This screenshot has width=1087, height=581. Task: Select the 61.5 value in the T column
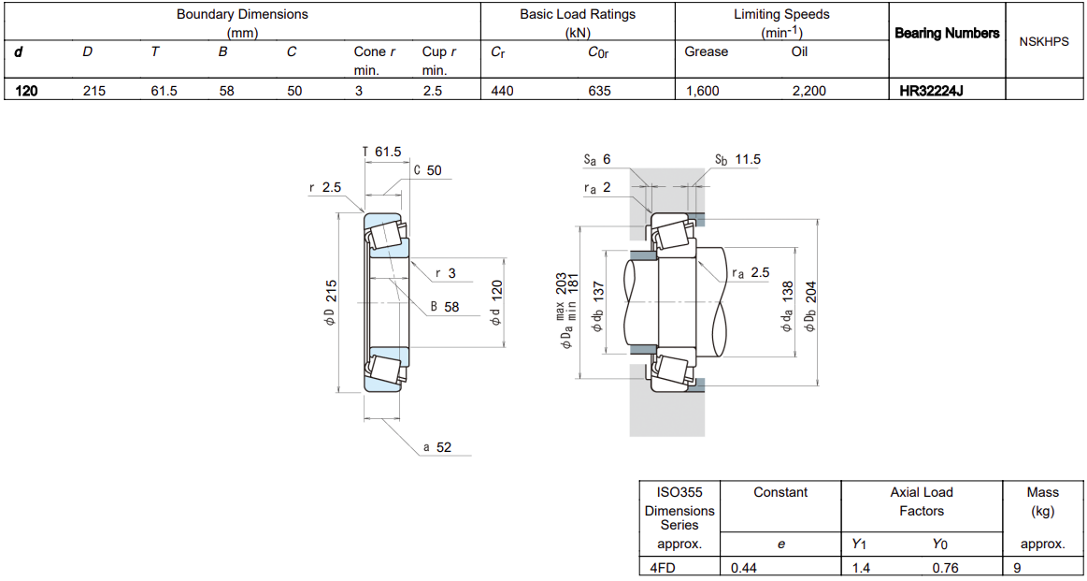[164, 90]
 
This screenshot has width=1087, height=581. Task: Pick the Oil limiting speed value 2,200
[808, 90]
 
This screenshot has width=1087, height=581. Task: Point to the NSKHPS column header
[1044, 42]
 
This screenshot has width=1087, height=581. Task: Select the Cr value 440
[501, 90]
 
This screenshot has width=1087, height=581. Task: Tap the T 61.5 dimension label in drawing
[382, 152]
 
